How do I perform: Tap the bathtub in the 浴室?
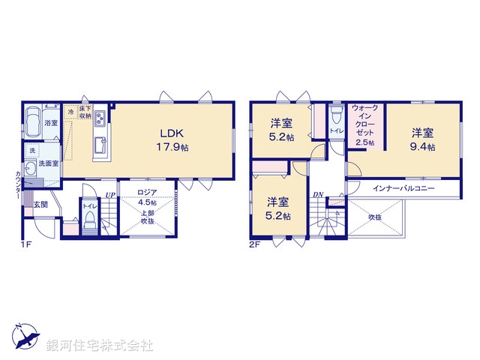pyautogui.click(x=33, y=120)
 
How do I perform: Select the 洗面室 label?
pyautogui.click(x=49, y=162)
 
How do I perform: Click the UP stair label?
pyautogui.click(x=110, y=196)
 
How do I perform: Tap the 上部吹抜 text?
pyautogui.click(x=146, y=217)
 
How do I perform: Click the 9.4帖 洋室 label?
pyautogui.click(x=422, y=139)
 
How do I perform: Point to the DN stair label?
pyautogui.click(x=317, y=195)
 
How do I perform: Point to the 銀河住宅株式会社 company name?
pyautogui.click(x=100, y=346)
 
